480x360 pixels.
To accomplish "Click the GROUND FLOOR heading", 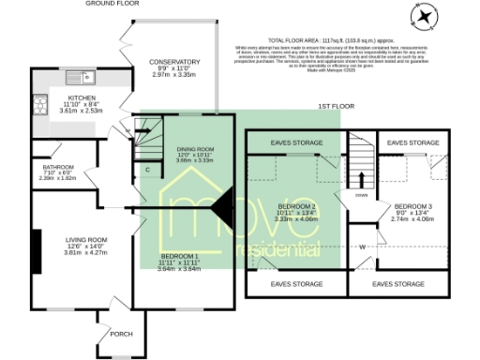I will pos(112,4).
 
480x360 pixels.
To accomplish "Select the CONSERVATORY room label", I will pos(174,63).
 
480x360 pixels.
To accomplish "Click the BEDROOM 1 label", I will pos(179,256).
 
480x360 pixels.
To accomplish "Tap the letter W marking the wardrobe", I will pos(362,247).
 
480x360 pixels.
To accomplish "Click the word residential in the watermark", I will pos(276,251).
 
